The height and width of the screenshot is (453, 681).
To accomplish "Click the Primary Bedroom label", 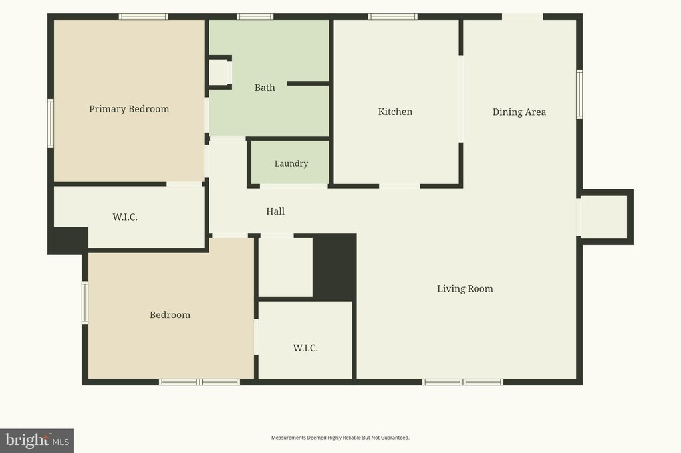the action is [x=129, y=109].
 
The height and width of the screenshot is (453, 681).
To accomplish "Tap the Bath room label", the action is [x=265, y=88].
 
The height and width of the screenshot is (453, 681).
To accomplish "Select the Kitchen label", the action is [x=395, y=112].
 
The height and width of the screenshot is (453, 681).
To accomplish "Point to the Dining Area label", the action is [x=519, y=112].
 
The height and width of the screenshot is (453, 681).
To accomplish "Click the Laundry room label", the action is [x=291, y=163].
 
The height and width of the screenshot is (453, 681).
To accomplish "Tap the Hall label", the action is [x=275, y=211].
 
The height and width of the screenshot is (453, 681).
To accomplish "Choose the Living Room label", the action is [x=465, y=288].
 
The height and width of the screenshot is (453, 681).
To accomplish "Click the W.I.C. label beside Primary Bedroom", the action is [x=125, y=217].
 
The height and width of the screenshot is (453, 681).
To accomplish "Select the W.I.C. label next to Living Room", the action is [x=305, y=348].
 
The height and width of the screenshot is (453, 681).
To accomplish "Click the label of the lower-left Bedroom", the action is [x=170, y=315].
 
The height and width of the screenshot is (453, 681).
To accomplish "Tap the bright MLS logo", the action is [x=37, y=441].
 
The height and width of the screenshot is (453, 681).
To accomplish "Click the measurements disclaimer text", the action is [x=340, y=438].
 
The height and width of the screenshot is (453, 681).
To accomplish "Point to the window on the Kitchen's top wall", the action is [x=393, y=17].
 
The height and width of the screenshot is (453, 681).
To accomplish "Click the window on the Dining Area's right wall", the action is [x=579, y=94].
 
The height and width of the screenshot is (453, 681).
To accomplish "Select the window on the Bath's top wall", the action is [x=255, y=17].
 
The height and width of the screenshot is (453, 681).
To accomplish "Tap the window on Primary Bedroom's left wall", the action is [x=51, y=124].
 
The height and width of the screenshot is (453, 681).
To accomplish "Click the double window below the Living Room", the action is [x=463, y=382].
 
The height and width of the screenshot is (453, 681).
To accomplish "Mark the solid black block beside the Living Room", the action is [x=335, y=266].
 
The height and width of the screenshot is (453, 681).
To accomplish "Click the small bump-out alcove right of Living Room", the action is [x=604, y=217].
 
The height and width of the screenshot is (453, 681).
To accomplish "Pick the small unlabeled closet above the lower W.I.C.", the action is [x=285, y=267].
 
